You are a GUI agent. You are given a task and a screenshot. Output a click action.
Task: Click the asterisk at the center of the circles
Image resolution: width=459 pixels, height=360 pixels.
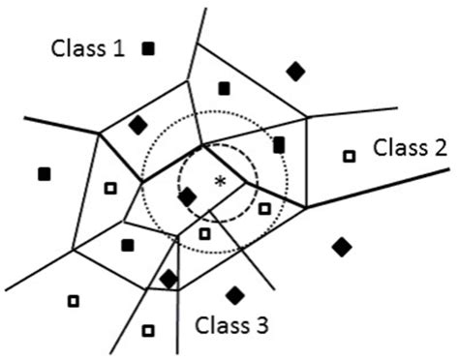[x=220, y=181]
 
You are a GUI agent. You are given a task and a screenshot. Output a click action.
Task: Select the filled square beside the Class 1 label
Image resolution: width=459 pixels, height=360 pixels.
[x=149, y=47]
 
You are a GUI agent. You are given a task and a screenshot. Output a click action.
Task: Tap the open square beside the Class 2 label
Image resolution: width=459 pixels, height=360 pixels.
[x=350, y=155]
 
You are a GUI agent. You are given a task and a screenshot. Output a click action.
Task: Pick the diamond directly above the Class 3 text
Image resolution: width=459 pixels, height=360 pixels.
[x=233, y=293]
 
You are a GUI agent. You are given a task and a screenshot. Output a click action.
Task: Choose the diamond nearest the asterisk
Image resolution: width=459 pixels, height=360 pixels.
[x=188, y=197]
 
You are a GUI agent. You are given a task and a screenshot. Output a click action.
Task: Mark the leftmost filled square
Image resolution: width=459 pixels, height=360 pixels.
[x=44, y=174]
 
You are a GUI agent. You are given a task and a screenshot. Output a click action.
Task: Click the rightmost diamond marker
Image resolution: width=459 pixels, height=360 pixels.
[x=341, y=247]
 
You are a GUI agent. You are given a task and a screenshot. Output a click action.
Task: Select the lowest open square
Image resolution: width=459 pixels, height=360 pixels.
[x=147, y=330]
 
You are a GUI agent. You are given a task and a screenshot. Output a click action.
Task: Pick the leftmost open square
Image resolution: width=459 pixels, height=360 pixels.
[x=73, y=301]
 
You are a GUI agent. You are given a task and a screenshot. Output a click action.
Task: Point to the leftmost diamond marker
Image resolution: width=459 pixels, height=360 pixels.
[x=138, y=125]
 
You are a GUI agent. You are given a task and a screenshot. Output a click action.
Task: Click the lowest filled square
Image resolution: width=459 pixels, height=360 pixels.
[x=127, y=245]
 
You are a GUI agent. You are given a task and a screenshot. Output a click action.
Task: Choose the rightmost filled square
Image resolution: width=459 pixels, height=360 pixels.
[x=279, y=145]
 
